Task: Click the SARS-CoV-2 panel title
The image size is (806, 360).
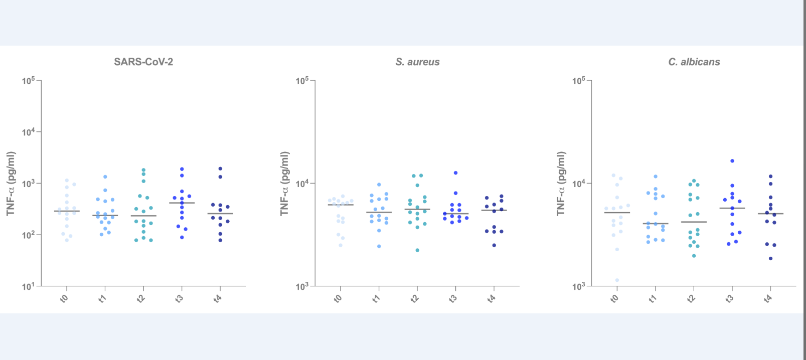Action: [143, 62]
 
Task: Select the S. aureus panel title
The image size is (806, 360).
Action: [417, 62]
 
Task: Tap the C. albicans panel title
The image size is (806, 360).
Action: [694, 62]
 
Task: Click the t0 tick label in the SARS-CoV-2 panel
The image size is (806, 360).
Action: [64, 298]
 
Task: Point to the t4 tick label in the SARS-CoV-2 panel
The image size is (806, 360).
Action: [218, 298]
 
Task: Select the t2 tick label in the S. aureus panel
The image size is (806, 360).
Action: [415, 298]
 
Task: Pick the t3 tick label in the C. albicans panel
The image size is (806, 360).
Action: [730, 298]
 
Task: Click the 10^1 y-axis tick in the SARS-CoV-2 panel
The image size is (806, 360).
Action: [29, 286]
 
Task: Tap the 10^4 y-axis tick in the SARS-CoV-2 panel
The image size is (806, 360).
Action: [29, 132]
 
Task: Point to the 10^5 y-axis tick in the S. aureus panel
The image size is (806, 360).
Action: [302, 81]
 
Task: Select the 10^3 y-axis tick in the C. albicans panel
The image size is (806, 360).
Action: [579, 286]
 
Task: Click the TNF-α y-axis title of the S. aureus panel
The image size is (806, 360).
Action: [284, 184]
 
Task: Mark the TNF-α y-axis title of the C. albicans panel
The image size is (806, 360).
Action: [561, 184]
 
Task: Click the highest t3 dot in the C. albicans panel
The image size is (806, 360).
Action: [732, 161]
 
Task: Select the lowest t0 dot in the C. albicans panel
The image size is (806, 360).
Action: [617, 280]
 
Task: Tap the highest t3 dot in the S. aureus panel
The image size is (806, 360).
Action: [455, 173]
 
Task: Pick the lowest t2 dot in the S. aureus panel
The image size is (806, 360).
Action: [417, 250]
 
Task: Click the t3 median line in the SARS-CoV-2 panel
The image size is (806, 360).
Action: [182, 203]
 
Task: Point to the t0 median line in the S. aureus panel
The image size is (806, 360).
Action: [341, 205]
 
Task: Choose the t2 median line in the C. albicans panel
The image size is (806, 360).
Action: [694, 222]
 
